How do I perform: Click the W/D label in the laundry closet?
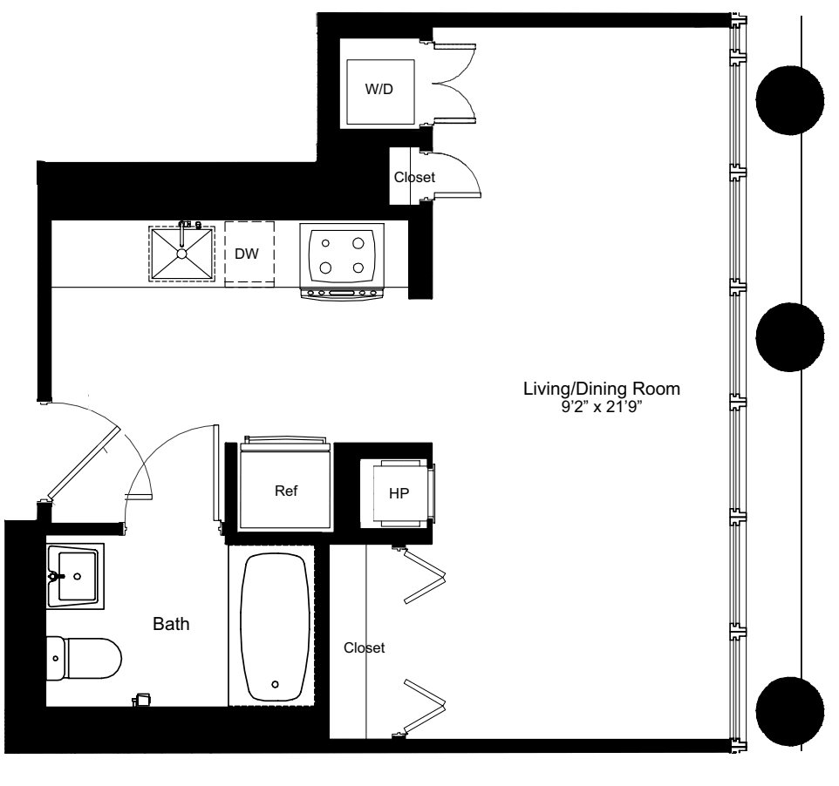[x=378, y=91]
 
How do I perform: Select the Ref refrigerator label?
[x=286, y=491]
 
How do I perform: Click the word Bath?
[x=171, y=624]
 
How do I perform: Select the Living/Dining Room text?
[x=600, y=388]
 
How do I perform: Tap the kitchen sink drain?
[x=182, y=254]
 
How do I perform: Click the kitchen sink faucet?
[x=185, y=228]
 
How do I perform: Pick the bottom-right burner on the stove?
[x=358, y=268]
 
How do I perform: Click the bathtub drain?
[x=276, y=684]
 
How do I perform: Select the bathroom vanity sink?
[x=75, y=575]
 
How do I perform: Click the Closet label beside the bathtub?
[x=364, y=648]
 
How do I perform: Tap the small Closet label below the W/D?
[x=414, y=177]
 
